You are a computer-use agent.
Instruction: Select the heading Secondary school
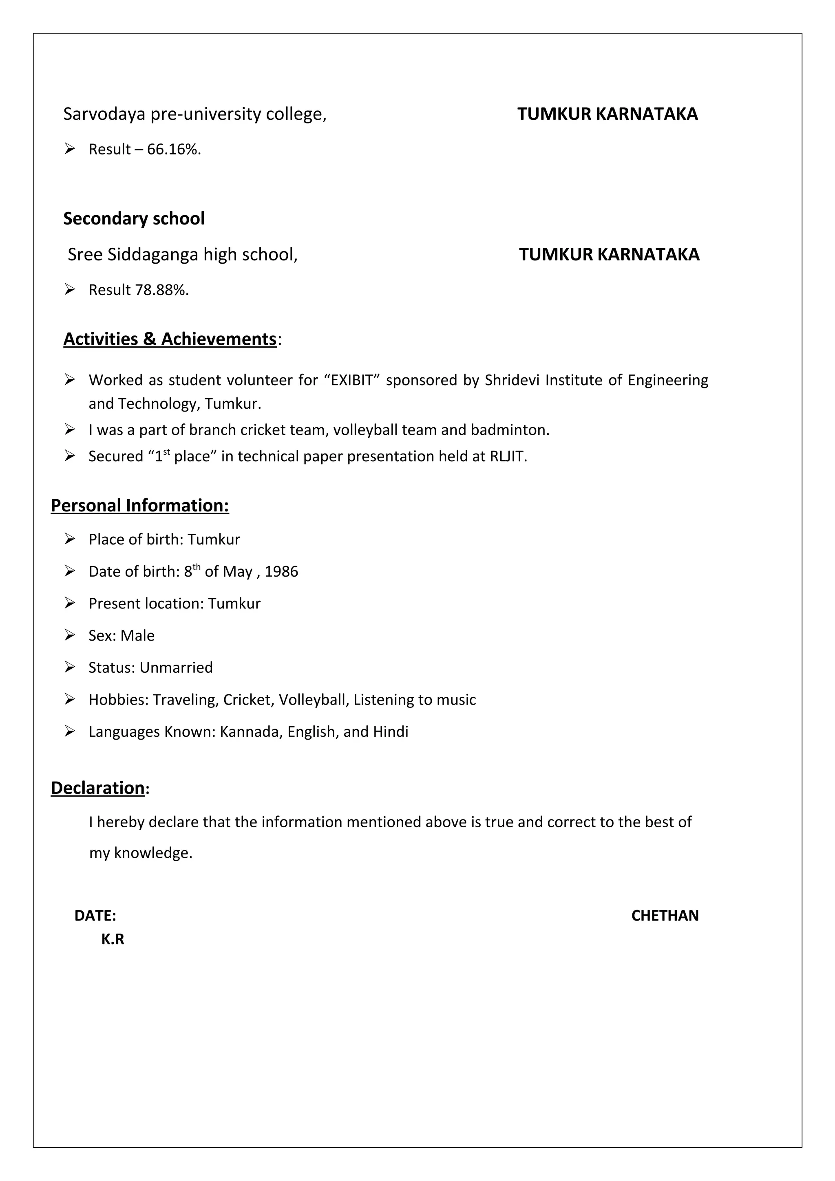(134, 218)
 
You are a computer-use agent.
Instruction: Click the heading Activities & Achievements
(170, 339)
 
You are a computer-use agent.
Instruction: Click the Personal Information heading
(140, 506)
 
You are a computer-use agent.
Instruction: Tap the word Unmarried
(176, 668)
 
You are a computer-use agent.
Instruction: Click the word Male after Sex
(137, 636)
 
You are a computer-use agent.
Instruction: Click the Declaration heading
(98, 788)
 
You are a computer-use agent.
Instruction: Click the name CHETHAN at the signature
(665, 916)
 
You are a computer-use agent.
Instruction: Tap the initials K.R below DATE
(113, 939)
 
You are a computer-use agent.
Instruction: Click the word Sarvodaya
(104, 114)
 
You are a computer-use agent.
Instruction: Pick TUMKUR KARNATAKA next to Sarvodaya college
(607, 114)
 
